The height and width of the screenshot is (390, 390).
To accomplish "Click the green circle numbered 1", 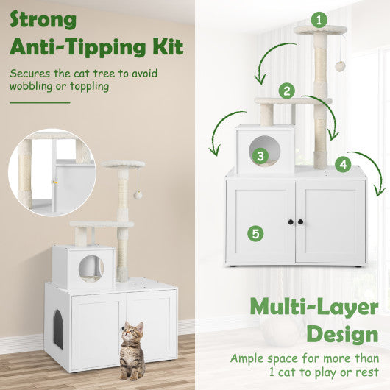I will (x=319, y=20).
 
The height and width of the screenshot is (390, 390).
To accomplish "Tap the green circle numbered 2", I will (x=287, y=91).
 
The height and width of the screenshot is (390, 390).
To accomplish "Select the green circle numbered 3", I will (x=260, y=156).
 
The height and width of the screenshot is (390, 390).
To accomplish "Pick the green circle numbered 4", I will (x=341, y=163).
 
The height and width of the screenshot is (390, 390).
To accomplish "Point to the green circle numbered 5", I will (x=255, y=233).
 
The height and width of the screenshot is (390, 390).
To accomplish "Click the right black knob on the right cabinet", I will (x=300, y=222).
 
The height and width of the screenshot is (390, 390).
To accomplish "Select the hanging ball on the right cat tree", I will (x=340, y=66).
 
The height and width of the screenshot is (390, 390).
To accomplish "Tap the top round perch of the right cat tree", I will (x=320, y=30).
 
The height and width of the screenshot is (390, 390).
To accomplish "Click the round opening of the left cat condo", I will (x=91, y=267).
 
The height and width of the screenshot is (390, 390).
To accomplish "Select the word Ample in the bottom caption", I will (x=248, y=358).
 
